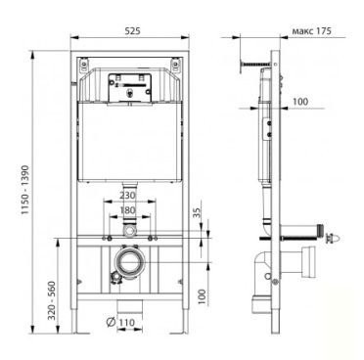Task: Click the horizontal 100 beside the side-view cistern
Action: click(x=299, y=101)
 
